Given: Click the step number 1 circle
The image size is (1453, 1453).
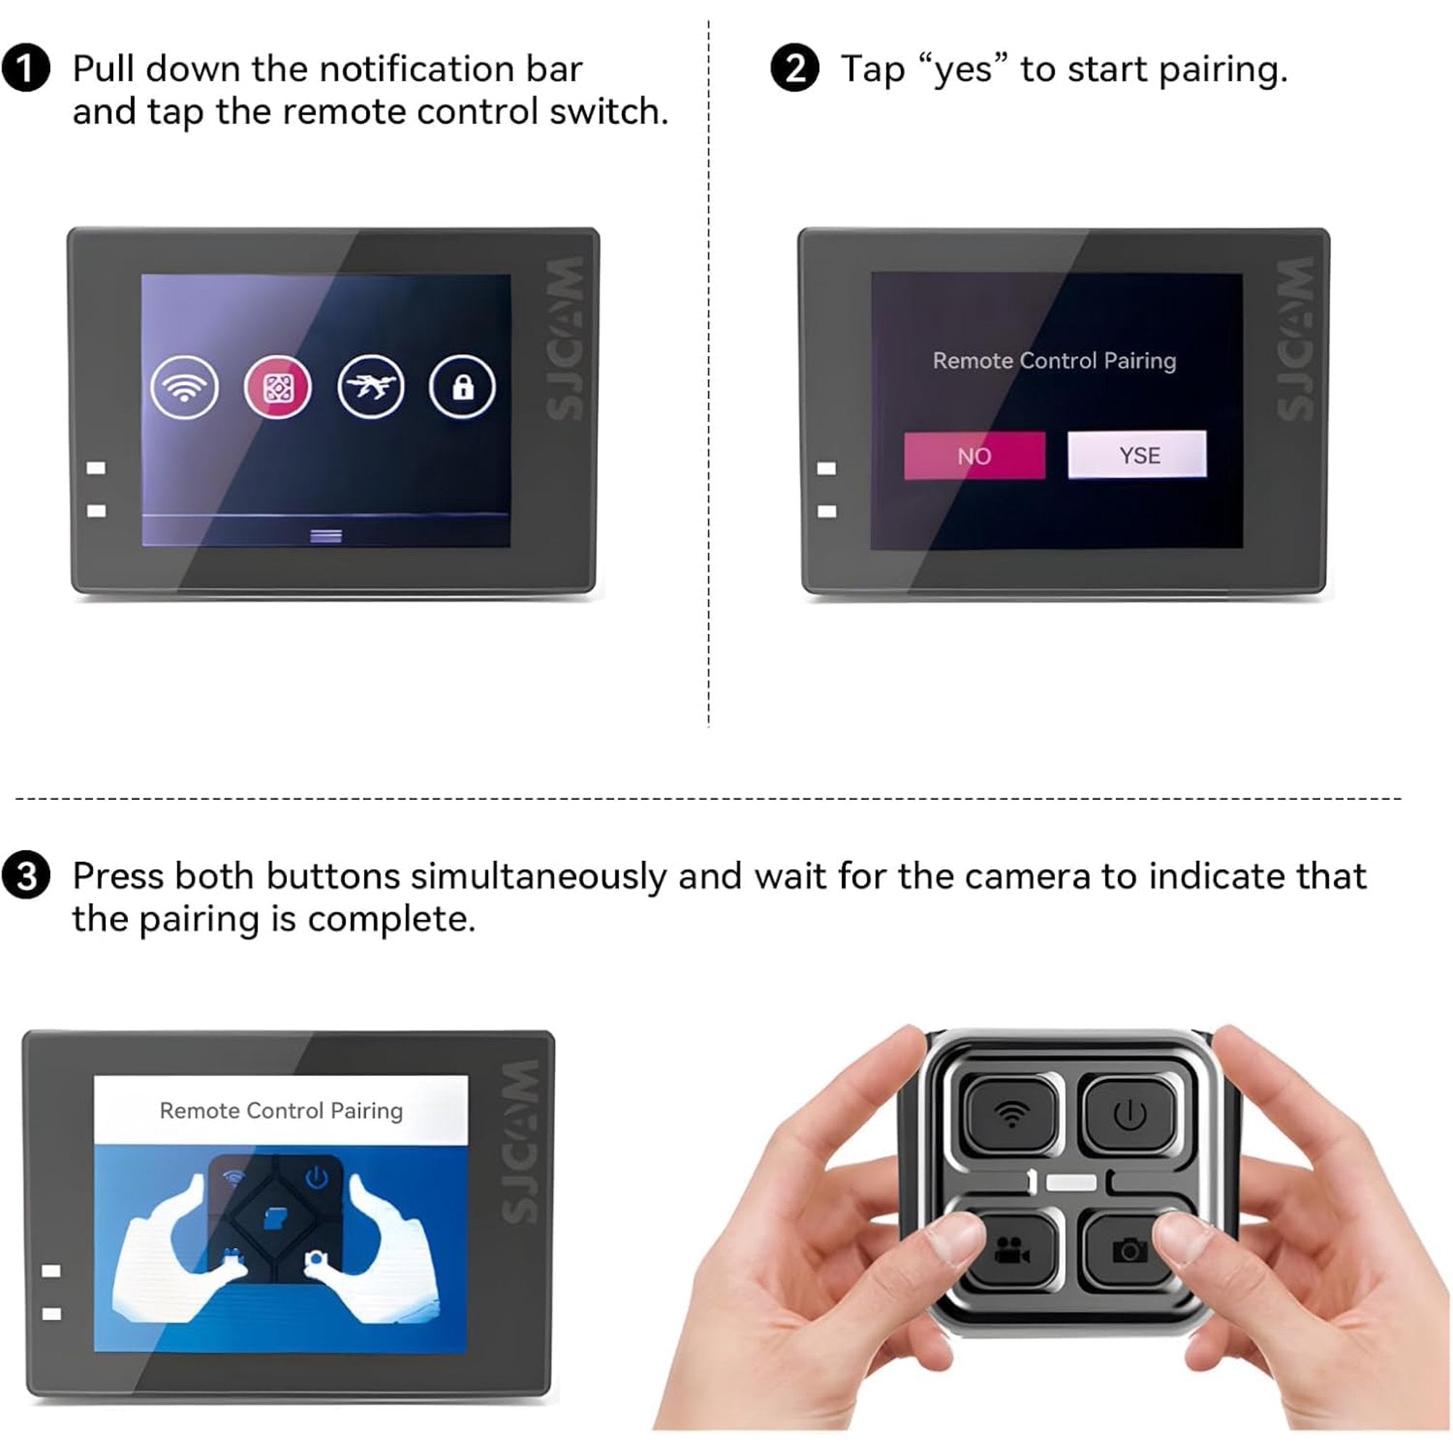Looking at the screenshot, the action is (x=26, y=68).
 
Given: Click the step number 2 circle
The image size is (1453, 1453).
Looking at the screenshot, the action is (x=795, y=68).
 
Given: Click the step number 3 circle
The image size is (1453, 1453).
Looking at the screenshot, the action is (x=26, y=876).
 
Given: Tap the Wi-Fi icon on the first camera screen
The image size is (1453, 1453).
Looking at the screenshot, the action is (x=185, y=387).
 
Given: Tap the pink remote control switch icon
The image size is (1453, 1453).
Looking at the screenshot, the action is (x=278, y=387).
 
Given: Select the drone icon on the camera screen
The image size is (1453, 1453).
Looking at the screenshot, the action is (x=371, y=387).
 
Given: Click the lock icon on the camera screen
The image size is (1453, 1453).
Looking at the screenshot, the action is (x=463, y=387).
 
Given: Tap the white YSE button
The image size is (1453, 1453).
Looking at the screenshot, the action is (x=1137, y=454).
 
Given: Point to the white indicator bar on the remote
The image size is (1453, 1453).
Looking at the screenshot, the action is (x=1071, y=1182).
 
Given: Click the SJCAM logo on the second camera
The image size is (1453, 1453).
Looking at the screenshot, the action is (x=1295, y=339).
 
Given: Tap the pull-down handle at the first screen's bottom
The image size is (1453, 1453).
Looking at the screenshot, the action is (x=326, y=535).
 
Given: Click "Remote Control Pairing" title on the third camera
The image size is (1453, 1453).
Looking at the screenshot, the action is (x=281, y=1111).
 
